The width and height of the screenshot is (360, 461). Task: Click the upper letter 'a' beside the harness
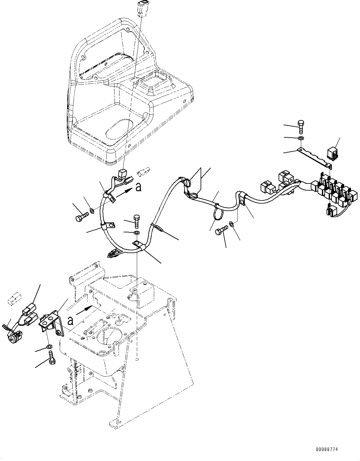pyautogui.click(x=138, y=187)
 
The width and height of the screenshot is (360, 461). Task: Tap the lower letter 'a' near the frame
pyautogui.click(x=71, y=321)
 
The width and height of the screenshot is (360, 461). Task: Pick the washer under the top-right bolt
pyautogui.click(x=301, y=138)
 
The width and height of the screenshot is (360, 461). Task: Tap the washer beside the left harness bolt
pyautogui.click(x=92, y=212)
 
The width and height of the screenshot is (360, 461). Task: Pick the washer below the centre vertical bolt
pyautogui.click(x=137, y=233)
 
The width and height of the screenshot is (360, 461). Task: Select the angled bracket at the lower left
pyautogui.click(x=53, y=322)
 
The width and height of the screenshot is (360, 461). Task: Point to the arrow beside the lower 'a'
pyautogui.click(x=85, y=310)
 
